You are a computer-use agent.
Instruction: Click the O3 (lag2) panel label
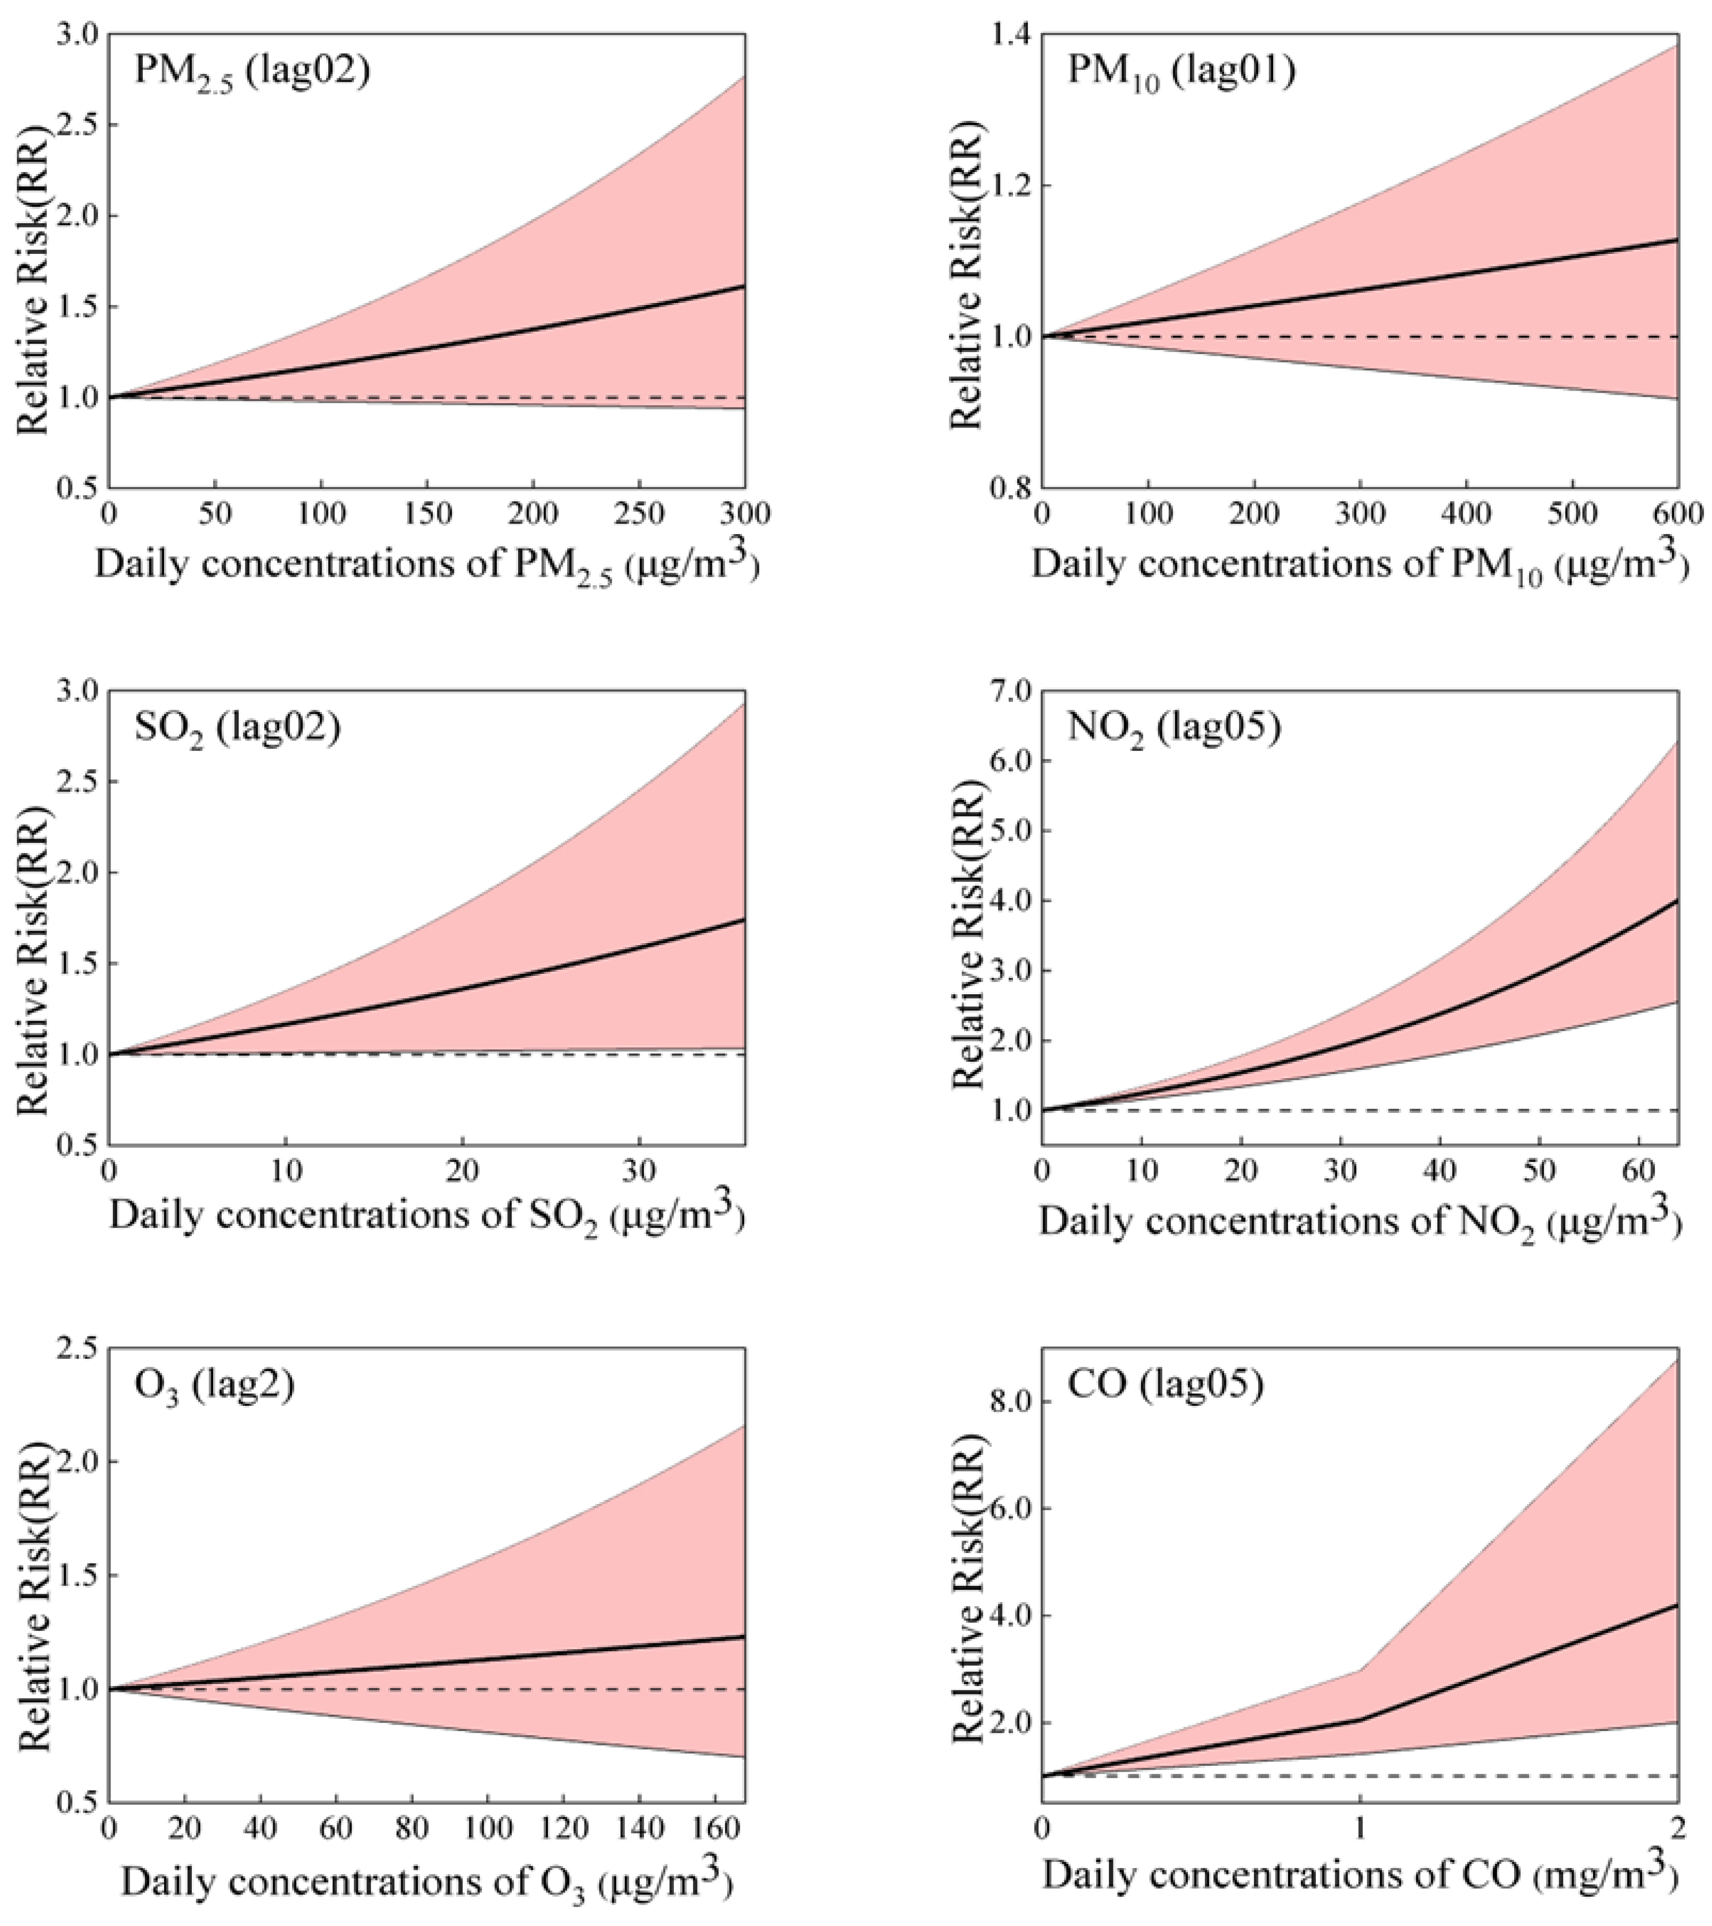[x=214, y=1385]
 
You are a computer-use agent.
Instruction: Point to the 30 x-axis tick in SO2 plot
[x=640, y=1171]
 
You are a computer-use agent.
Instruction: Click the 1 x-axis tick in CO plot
[x=1359, y=1828]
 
